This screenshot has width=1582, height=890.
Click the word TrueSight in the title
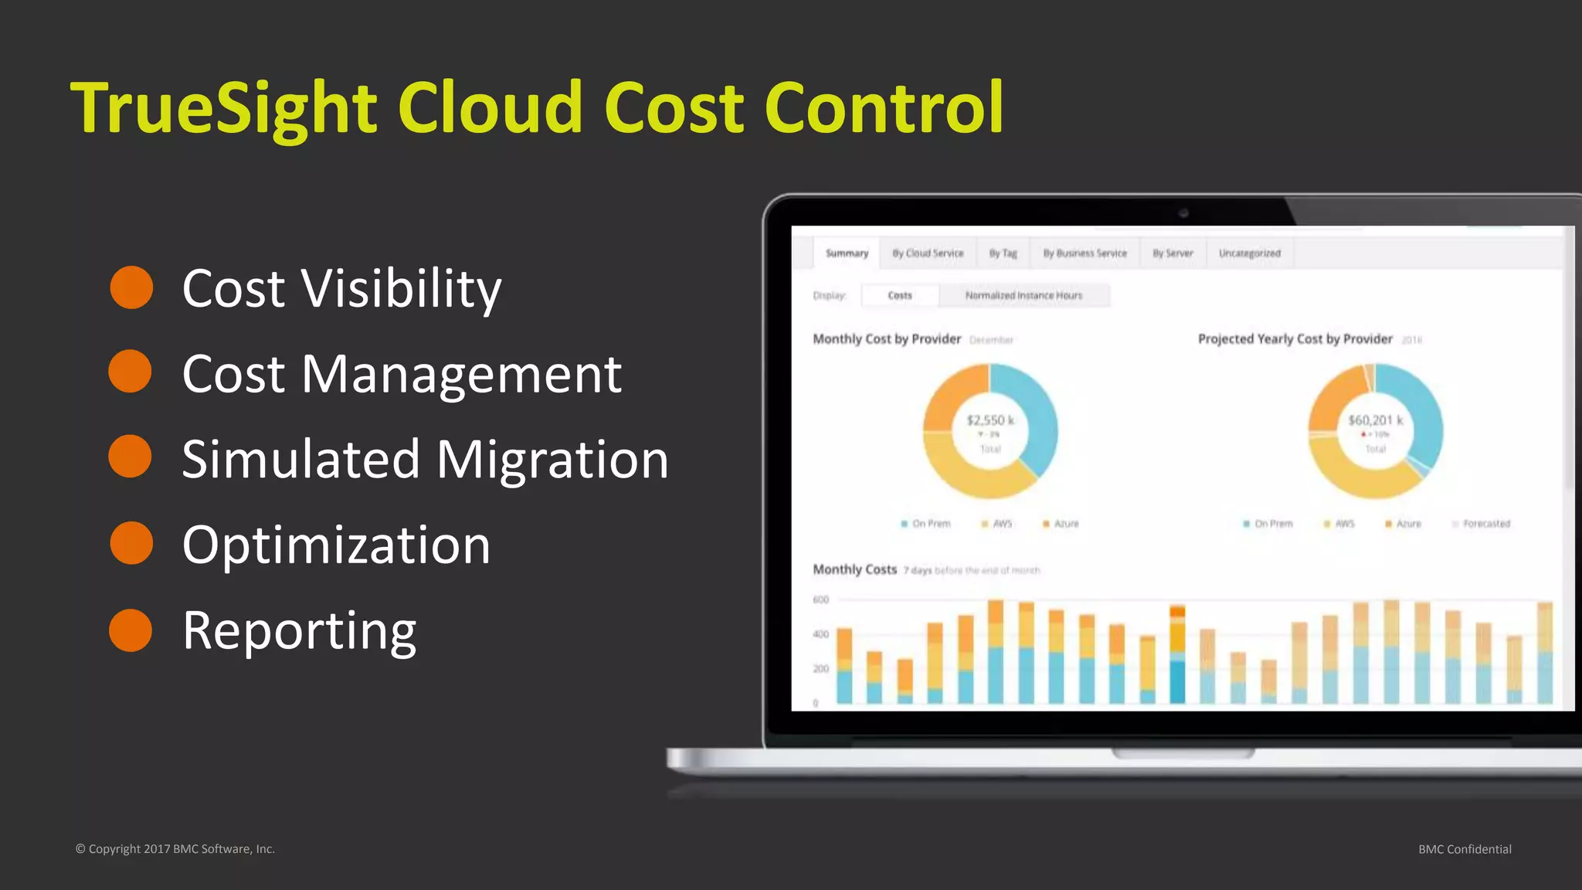[x=224, y=108]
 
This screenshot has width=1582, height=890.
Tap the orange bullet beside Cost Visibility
[x=131, y=287]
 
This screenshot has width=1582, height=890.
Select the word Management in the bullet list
[x=461, y=374]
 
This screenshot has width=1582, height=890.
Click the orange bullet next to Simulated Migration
[x=131, y=456]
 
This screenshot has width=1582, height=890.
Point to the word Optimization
[x=336, y=545]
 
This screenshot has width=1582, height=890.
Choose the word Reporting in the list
[x=299, y=630]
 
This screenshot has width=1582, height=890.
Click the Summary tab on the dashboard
[x=847, y=253]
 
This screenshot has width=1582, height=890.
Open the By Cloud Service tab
[x=928, y=253]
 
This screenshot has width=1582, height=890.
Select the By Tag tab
[x=1003, y=253]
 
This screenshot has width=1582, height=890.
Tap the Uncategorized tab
[x=1249, y=253]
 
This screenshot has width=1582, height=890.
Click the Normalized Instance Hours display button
[x=1024, y=295]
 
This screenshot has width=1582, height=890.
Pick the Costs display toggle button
[x=900, y=295]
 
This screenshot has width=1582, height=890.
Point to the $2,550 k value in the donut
[x=990, y=420]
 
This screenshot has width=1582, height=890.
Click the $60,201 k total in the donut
[x=1375, y=420]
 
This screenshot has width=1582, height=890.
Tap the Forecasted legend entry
[x=1485, y=524]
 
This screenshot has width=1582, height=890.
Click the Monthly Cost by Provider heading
[x=887, y=339]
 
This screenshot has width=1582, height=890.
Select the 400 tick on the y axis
[x=820, y=634]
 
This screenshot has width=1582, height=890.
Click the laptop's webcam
[x=1183, y=212]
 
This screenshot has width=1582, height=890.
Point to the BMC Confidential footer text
[x=1465, y=849]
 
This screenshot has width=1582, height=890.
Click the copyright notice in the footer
[x=175, y=849]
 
